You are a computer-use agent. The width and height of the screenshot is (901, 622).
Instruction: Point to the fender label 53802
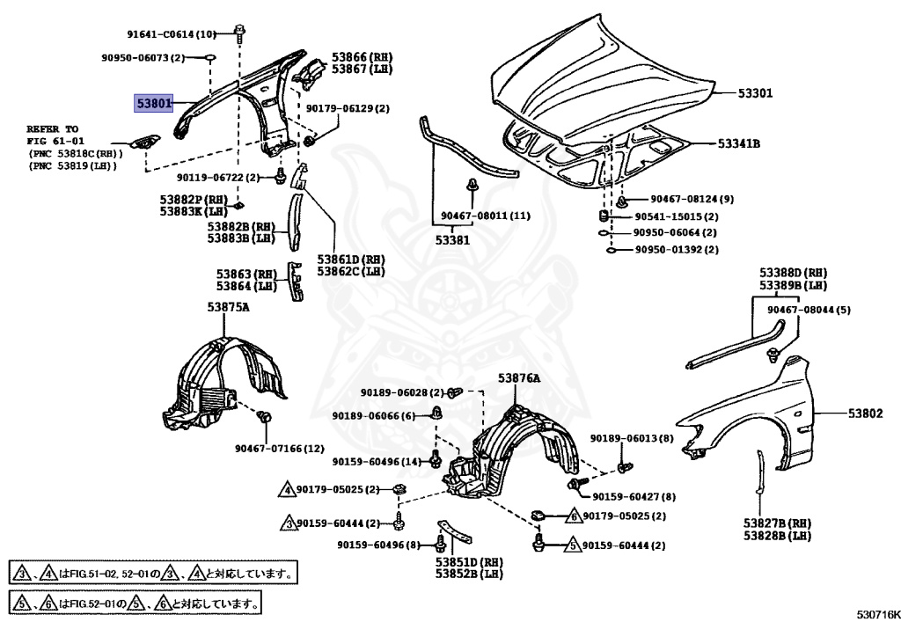(x=866, y=413)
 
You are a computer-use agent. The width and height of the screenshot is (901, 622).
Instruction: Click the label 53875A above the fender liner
(x=229, y=307)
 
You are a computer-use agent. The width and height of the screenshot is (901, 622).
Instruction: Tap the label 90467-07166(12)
(x=279, y=449)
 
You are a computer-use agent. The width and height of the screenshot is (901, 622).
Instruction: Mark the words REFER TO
(x=52, y=128)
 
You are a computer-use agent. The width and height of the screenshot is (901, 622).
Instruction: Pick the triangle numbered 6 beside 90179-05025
(x=572, y=516)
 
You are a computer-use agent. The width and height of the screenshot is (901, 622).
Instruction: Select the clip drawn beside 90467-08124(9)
(x=621, y=198)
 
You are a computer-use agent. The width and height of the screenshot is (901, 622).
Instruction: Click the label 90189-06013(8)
(x=632, y=438)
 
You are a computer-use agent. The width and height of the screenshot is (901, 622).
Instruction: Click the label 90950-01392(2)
(x=676, y=249)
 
